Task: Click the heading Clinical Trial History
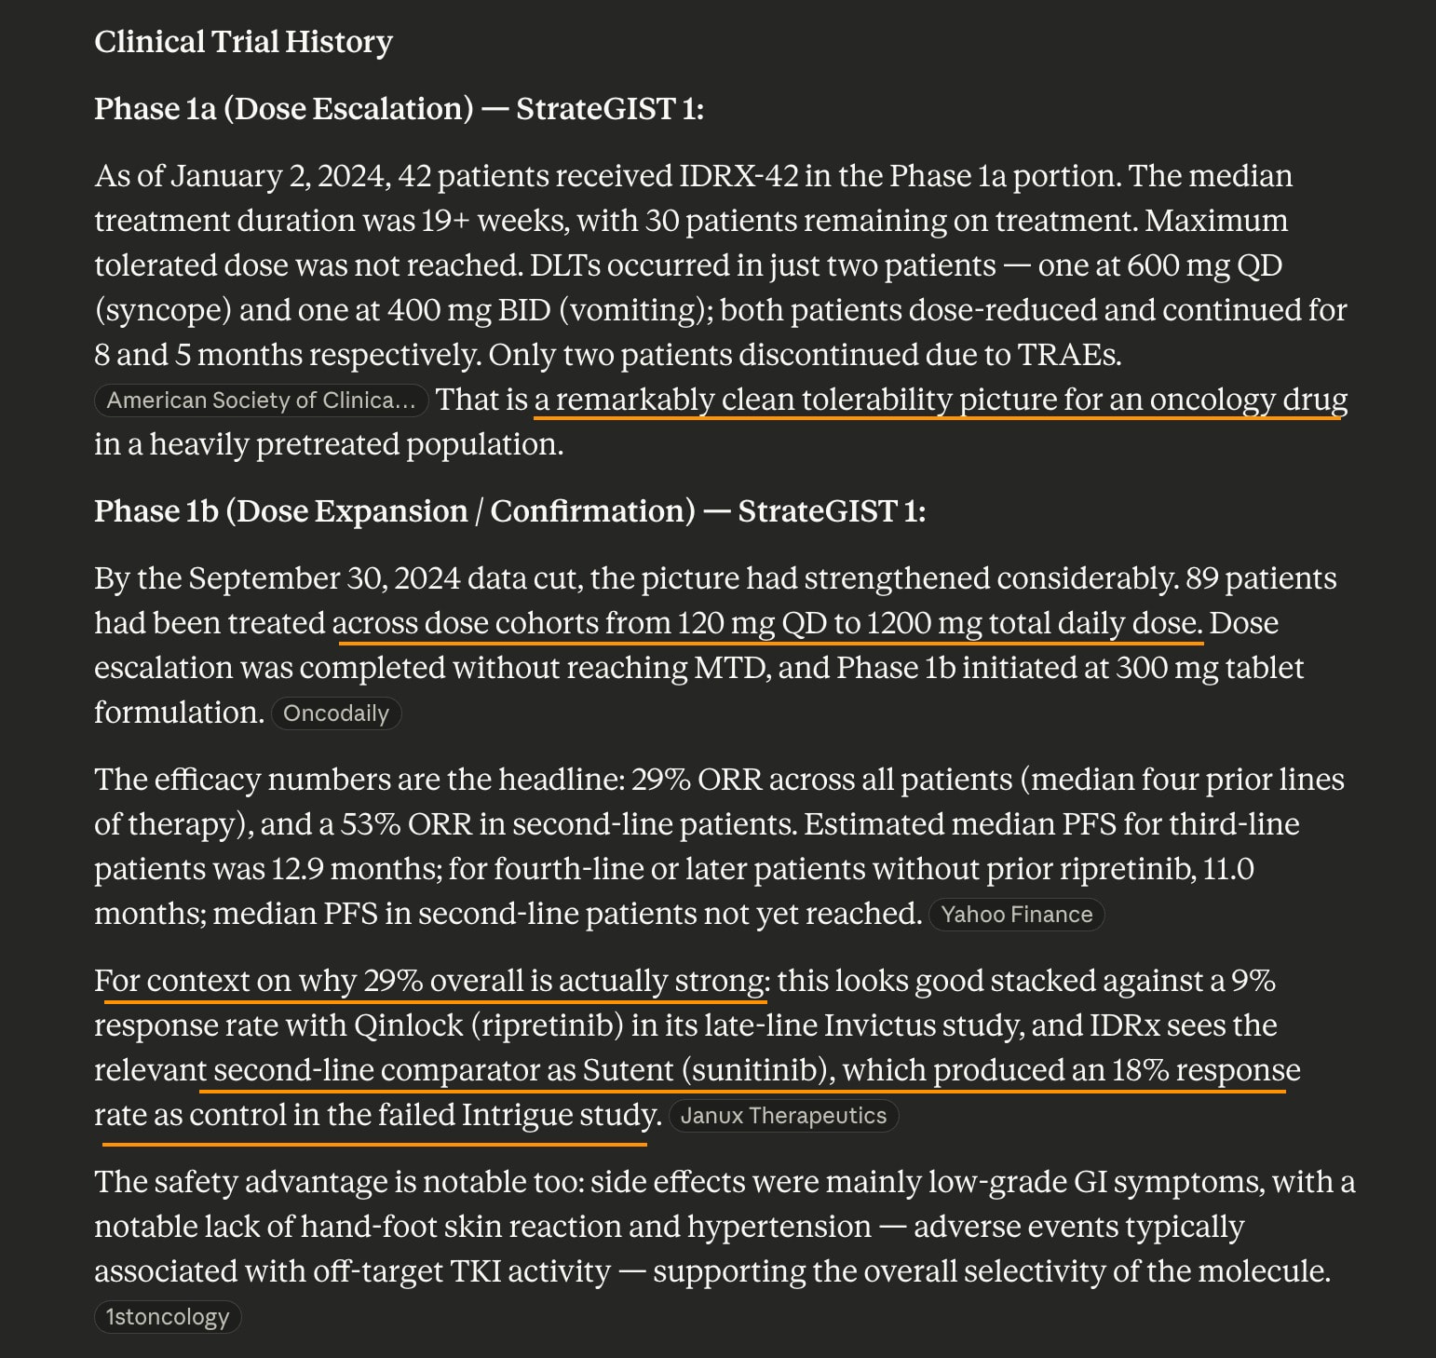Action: point(243,42)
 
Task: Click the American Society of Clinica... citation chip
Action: point(261,401)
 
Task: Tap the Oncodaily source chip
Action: point(336,713)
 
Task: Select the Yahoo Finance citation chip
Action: point(1016,915)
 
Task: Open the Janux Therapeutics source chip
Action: point(783,1116)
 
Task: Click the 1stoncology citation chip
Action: point(168,1317)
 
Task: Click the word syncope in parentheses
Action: point(163,310)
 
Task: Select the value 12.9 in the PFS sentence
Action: point(297,869)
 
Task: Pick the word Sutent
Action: point(628,1070)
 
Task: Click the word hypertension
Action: point(779,1227)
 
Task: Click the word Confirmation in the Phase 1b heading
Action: point(591,511)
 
